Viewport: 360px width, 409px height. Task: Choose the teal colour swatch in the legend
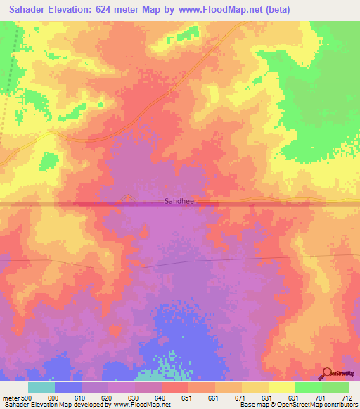(41, 387)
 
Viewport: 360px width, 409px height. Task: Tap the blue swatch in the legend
(68, 387)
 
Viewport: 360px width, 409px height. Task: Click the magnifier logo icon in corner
(326, 373)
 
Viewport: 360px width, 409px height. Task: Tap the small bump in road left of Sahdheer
(127, 198)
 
